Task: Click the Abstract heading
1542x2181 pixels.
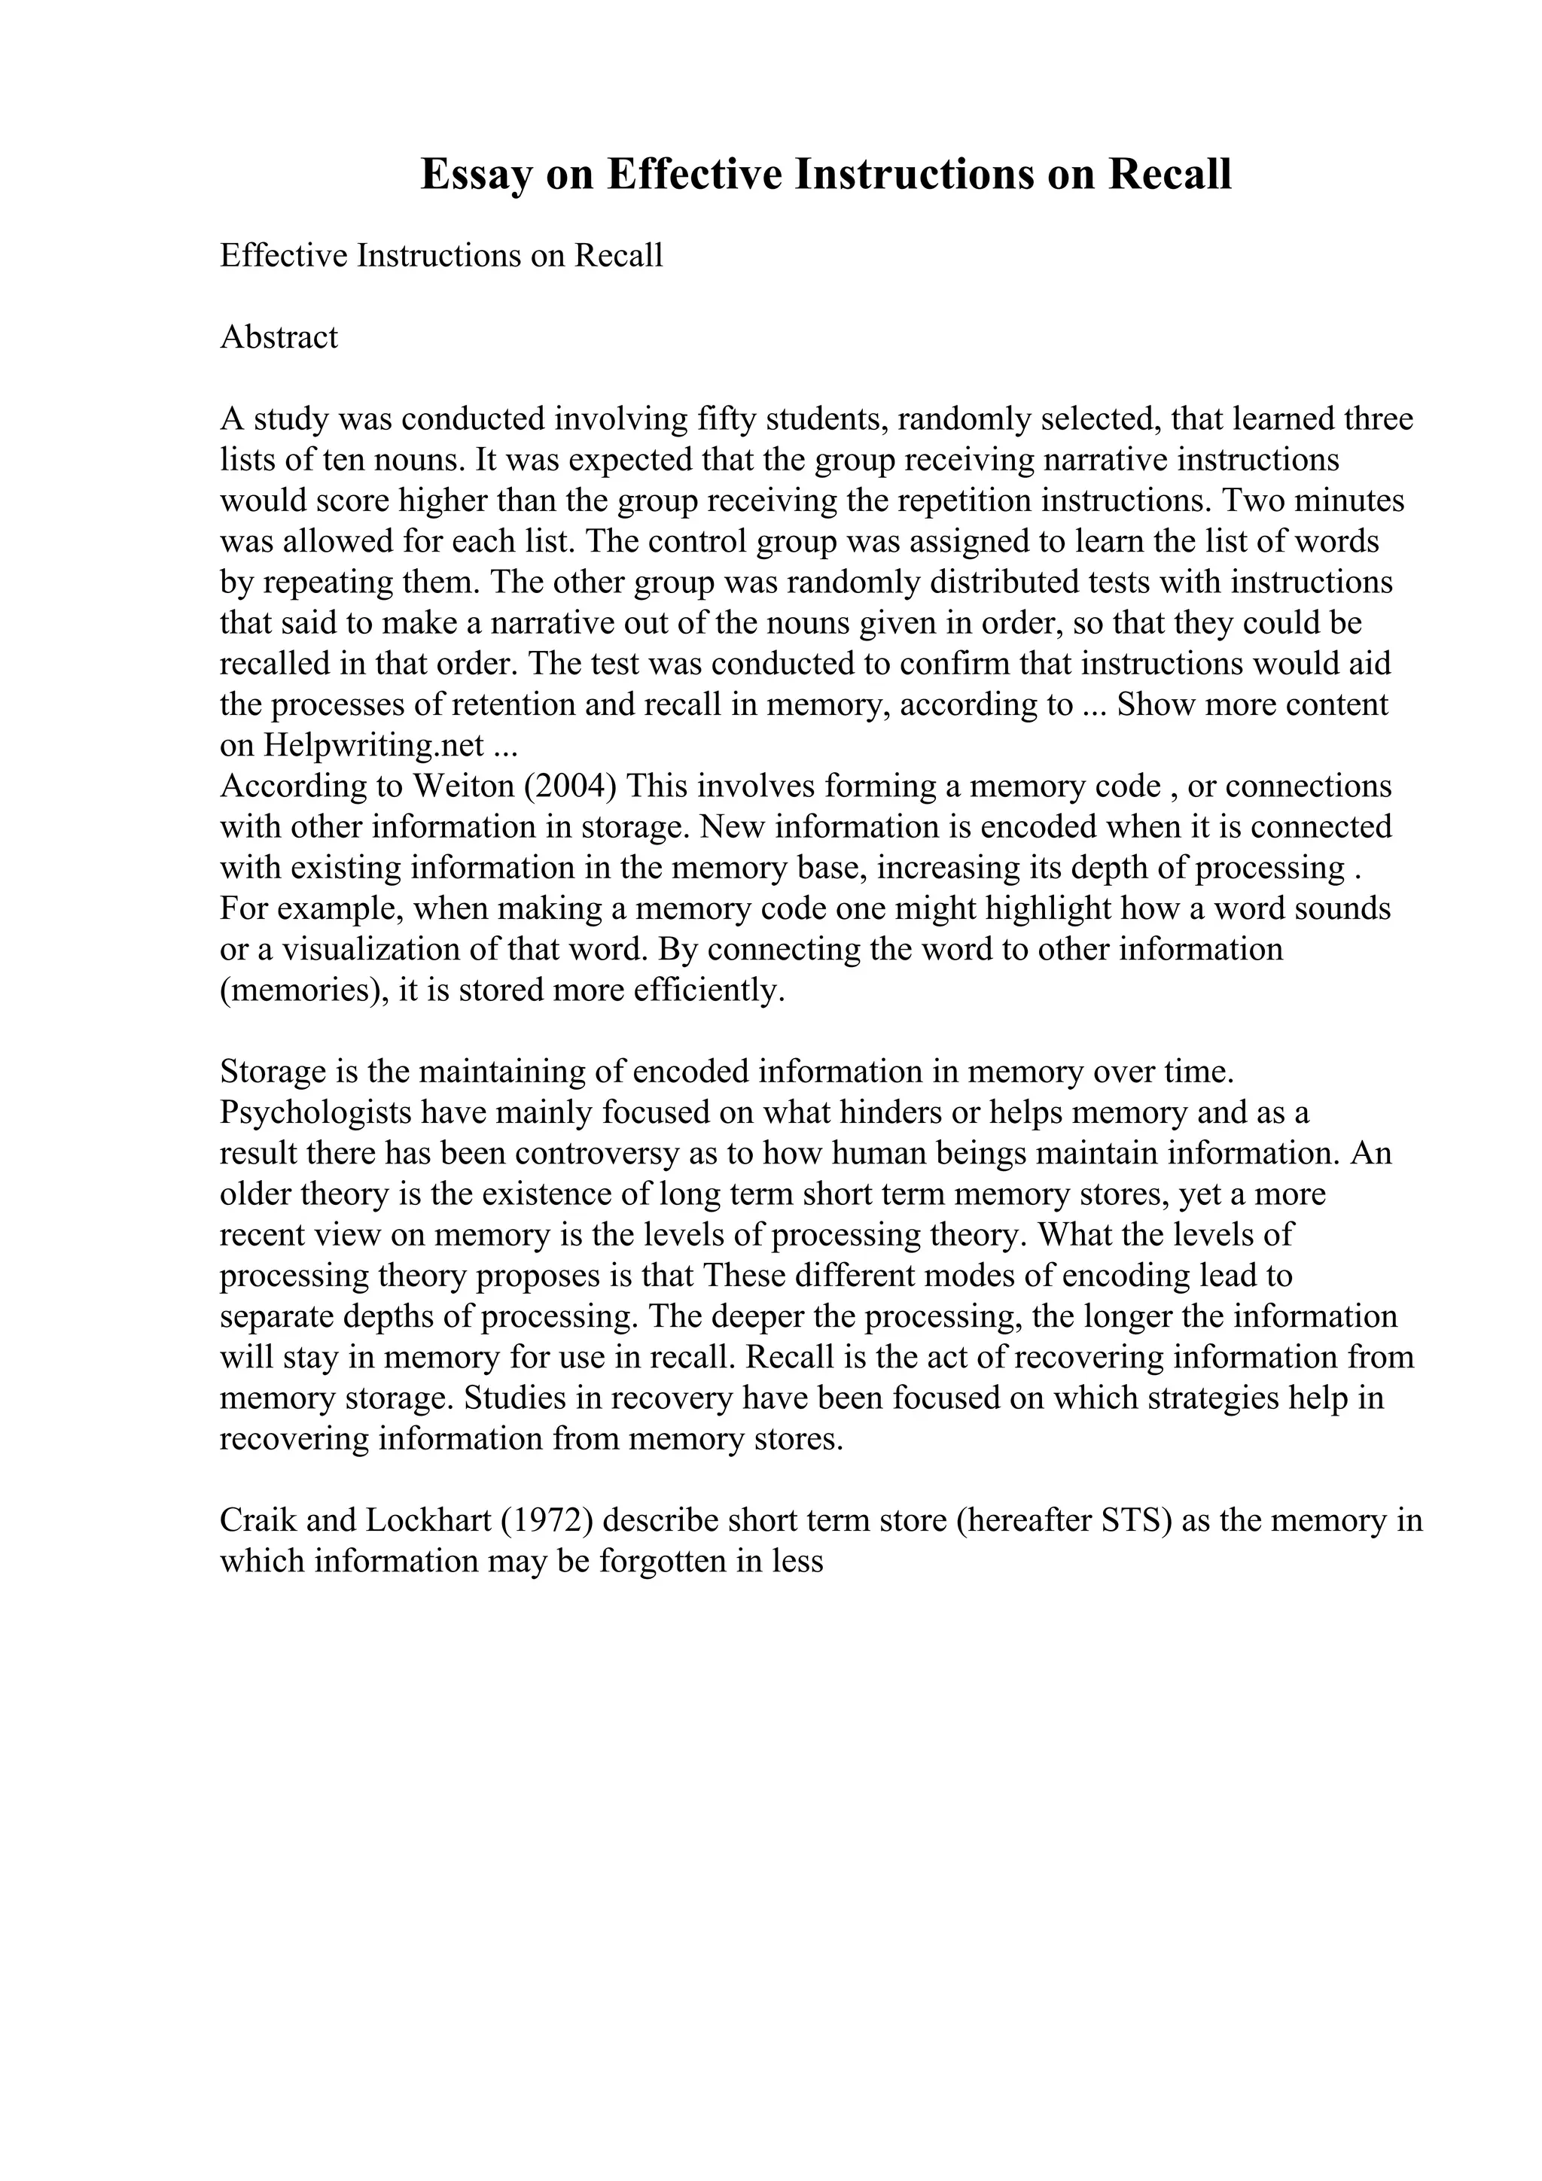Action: (x=279, y=337)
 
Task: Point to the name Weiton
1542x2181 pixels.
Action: (x=464, y=786)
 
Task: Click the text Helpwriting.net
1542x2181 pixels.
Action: (x=374, y=746)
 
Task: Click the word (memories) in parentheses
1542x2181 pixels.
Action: (x=301, y=990)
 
